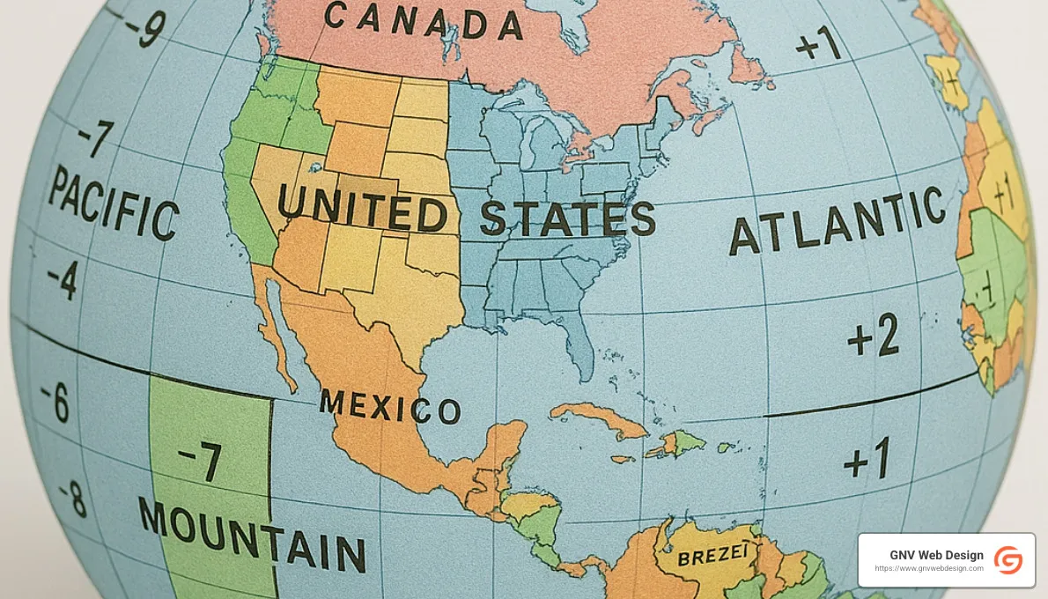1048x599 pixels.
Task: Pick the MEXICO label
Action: pyautogui.click(x=390, y=407)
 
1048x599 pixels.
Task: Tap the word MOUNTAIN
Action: pyautogui.click(x=252, y=533)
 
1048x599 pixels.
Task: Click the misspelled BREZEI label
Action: pyautogui.click(x=713, y=556)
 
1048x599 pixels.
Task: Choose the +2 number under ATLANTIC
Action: pyautogui.click(x=873, y=337)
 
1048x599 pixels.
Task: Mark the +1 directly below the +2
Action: pyautogui.click(x=867, y=460)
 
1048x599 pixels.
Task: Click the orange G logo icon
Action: pyautogui.click(x=1007, y=560)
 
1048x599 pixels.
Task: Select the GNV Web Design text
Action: pyautogui.click(x=936, y=555)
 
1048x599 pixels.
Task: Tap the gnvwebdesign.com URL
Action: pyautogui.click(x=929, y=569)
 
